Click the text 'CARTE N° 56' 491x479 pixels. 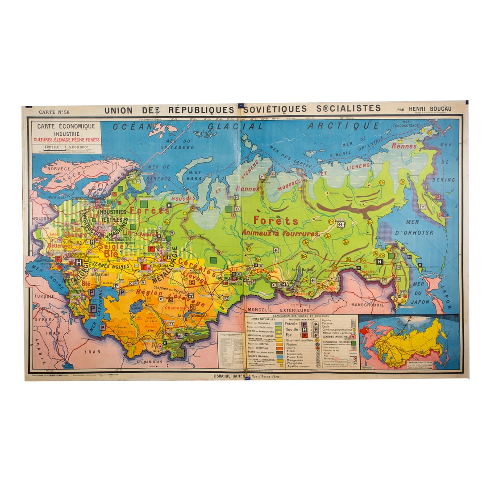point(54,112)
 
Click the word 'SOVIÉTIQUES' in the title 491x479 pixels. point(276,109)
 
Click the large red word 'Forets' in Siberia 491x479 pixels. point(275,220)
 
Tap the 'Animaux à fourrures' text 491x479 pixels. point(280,233)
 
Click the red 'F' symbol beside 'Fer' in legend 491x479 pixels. point(304,335)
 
